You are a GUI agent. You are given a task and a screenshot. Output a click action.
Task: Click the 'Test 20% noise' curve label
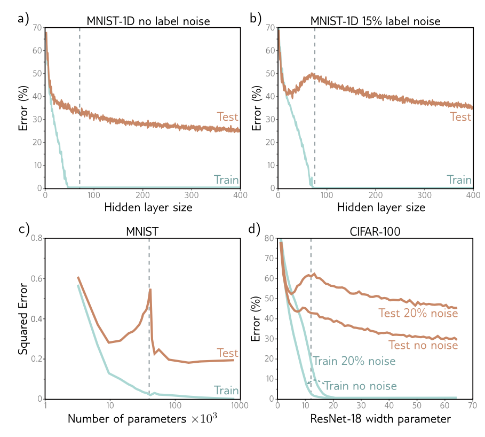coord(418,314)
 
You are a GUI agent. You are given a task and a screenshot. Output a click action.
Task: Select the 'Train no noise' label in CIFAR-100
coord(360,386)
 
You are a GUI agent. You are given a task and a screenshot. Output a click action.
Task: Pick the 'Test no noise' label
coord(423,345)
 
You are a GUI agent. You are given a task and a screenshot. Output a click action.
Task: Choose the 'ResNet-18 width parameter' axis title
coord(380,419)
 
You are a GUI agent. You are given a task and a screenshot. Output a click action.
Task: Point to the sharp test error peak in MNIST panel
coord(150,290)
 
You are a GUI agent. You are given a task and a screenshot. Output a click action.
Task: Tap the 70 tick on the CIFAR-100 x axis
coord(472,407)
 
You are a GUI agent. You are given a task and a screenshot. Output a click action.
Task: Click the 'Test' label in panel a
coord(227,116)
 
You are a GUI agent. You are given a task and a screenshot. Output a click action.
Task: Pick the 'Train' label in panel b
coord(460,180)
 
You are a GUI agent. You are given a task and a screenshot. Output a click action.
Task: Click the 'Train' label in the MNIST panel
coord(226,390)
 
